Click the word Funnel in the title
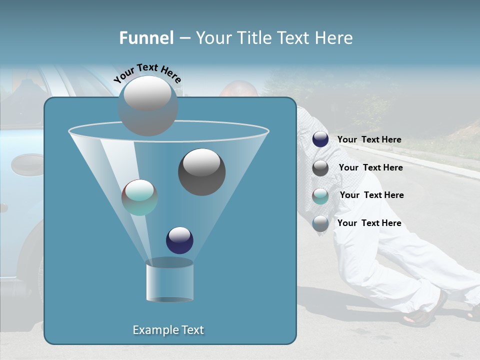pyautogui.click(x=146, y=38)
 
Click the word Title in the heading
pyautogui.click(x=254, y=38)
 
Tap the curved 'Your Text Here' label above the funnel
pyautogui.click(x=147, y=73)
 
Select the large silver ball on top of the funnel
pyautogui.click(x=148, y=105)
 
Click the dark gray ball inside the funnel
pyautogui.click(x=201, y=172)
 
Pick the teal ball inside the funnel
pyautogui.click(x=139, y=197)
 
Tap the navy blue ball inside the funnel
pyautogui.click(x=179, y=240)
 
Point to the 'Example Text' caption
pyautogui.click(x=168, y=330)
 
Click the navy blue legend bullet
pyautogui.click(x=320, y=139)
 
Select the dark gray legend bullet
pyautogui.click(x=320, y=168)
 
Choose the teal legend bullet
pyautogui.click(x=320, y=196)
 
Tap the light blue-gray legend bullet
pyautogui.click(x=320, y=223)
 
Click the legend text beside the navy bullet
pyautogui.click(x=369, y=139)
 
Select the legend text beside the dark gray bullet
pyautogui.click(x=370, y=167)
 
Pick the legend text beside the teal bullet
pyautogui.click(x=371, y=195)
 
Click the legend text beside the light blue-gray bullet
pyautogui.click(x=369, y=223)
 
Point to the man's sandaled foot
pyautogui.click(x=422, y=312)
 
